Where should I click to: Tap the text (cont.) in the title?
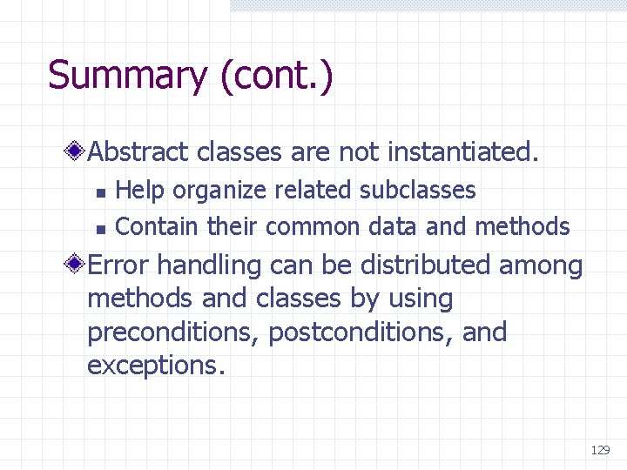276,76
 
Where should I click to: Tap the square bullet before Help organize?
100,191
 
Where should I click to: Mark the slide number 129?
600,450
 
